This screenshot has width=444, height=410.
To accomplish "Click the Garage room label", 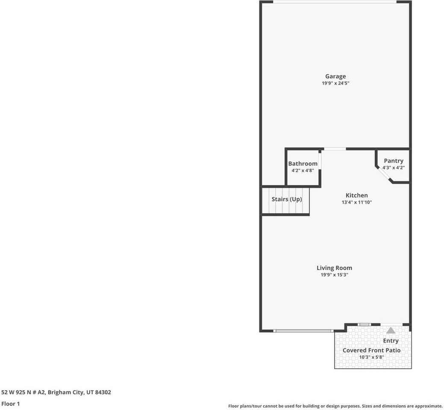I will pyautogui.click(x=335, y=76).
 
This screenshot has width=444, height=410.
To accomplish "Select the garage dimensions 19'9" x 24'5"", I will pyautogui.click(x=335, y=83).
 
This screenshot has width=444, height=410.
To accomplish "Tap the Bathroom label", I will pyautogui.click(x=303, y=164).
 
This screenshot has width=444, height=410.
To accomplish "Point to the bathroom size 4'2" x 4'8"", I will pyautogui.click(x=303, y=170).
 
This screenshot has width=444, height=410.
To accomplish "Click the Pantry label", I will pyautogui.click(x=393, y=161).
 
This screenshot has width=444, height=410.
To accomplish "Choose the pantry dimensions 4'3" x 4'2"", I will pyautogui.click(x=393, y=168).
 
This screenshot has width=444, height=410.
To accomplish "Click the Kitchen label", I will pyautogui.click(x=356, y=195).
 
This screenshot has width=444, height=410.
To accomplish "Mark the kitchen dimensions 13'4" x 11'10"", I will pyautogui.click(x=356, y=202).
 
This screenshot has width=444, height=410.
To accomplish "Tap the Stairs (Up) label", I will pyautogui.click(x=287, y=199).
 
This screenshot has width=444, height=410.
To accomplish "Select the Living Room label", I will pyautogui.click(x=334, y=268).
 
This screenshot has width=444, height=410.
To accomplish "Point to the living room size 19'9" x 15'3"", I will pyautogui.click(x=334, y=275).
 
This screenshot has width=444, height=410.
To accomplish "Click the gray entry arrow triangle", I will pyautogui.click(x=391, y=330).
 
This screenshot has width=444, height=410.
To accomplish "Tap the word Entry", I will pyautogui.click(x=391, y=341).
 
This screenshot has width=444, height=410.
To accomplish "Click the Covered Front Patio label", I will pyautogui.click(x=371, y=350).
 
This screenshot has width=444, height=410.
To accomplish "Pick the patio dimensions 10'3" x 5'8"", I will pyautogui.click(x=371, y=357).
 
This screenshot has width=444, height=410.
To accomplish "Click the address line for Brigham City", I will pyautogui.click(x=56, y=392).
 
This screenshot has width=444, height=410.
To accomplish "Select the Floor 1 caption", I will pyautogui.click(x=11, y=404).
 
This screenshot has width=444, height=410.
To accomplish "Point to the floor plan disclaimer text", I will pyautogui.click(x=335, y=406).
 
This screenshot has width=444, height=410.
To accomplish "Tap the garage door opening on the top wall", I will pyautogui.click(x=335, y=2).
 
